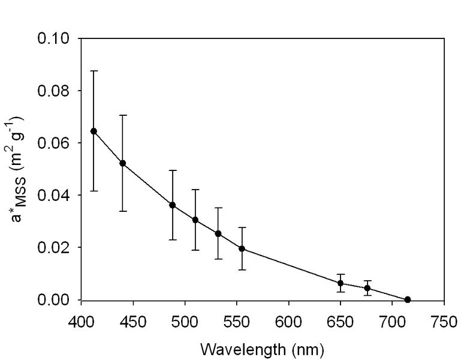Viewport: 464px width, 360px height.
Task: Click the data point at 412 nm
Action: [94, 131]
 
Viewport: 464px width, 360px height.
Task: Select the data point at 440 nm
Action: [123, 163]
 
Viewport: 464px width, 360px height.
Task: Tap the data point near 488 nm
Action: [173, 205]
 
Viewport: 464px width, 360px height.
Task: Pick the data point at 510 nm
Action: [195, 220]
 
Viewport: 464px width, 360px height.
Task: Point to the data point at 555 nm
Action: [242, 248]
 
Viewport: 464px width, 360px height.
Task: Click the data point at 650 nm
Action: [341, 283]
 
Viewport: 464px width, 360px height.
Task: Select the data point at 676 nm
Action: [367, 288]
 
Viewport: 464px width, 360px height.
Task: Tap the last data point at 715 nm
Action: [408, 299]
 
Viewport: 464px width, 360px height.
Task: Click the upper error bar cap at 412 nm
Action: [94, 71]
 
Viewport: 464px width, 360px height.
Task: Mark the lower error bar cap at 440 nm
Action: [123, 211]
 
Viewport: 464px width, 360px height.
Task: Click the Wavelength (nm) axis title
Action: [261, 348]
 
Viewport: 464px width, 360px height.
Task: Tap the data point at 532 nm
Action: [218, 233]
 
